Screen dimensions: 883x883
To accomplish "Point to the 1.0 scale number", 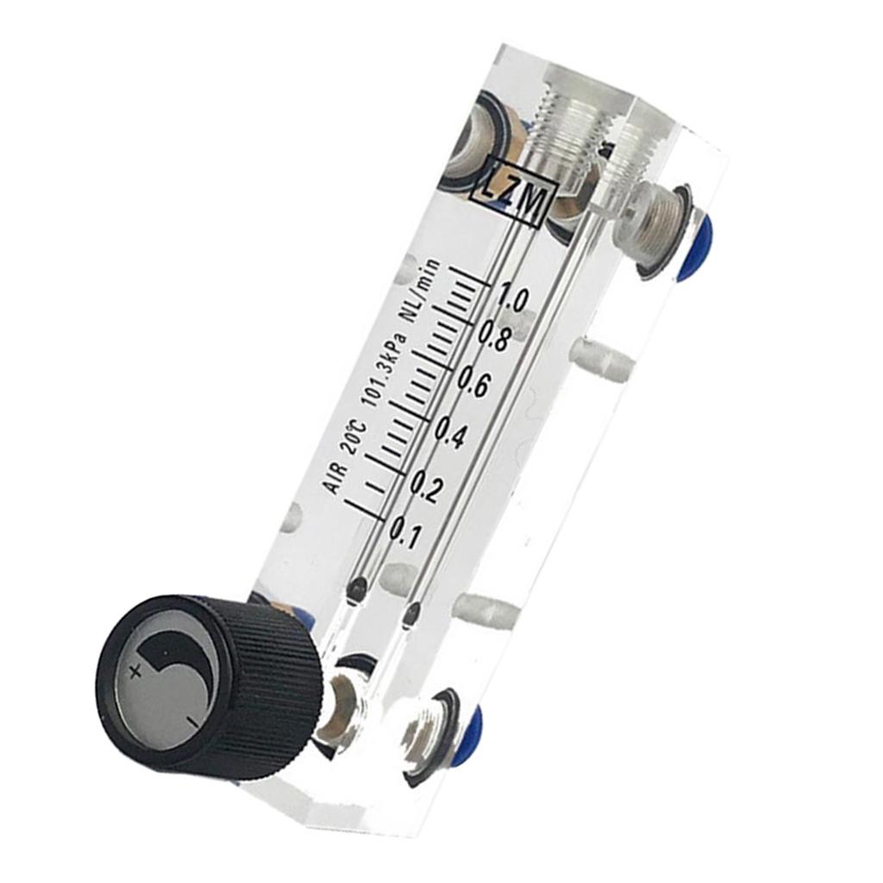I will (512, 299).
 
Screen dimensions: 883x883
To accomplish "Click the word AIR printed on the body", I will (336, 477).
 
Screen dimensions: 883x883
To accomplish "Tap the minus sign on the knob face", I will (187, 718).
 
